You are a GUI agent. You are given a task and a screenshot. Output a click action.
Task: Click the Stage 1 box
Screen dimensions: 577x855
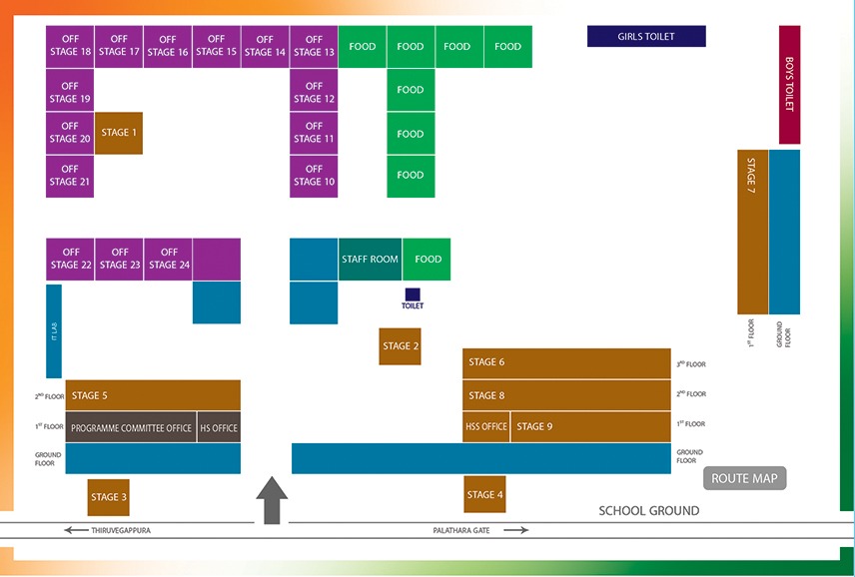pos(119,133)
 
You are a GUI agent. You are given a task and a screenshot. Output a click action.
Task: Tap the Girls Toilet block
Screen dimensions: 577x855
pos(646,37)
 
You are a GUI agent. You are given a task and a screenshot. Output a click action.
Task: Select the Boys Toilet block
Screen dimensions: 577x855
pos(789,85)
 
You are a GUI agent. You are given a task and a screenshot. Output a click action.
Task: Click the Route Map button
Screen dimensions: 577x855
pos(745,478)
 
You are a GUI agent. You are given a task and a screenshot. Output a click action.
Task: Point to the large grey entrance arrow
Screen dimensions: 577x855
pos(272,500)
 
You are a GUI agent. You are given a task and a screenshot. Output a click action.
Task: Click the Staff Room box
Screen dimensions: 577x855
pos(370,260)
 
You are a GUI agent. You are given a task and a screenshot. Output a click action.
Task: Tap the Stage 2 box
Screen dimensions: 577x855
pos(400,346)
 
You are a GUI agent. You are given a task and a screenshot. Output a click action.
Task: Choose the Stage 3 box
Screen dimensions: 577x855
pos(108,497)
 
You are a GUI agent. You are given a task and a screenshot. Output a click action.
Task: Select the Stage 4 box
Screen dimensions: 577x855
pos(485,494)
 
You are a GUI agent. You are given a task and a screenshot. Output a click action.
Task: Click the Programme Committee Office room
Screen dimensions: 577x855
pos(131,427)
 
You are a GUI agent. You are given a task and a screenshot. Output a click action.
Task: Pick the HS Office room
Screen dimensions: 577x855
pos(219,427)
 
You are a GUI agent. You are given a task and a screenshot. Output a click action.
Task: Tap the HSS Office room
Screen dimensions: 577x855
pos(486,426)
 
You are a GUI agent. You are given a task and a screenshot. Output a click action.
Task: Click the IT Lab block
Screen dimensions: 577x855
pos(54,331)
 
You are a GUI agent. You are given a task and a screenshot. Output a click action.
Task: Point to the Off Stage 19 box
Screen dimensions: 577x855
pos(70,93)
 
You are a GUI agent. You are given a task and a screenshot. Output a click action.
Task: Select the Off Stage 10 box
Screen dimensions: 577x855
pos(314,176)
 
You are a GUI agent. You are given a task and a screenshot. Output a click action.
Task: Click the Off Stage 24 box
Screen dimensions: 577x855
pos(169,260)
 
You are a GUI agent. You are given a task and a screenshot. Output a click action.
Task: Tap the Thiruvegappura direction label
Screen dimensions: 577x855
pos(116,530)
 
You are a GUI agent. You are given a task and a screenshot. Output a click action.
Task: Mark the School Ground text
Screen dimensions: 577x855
pos(648,511)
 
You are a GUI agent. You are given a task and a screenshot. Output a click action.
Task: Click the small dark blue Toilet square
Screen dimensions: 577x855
pos(413,294)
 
